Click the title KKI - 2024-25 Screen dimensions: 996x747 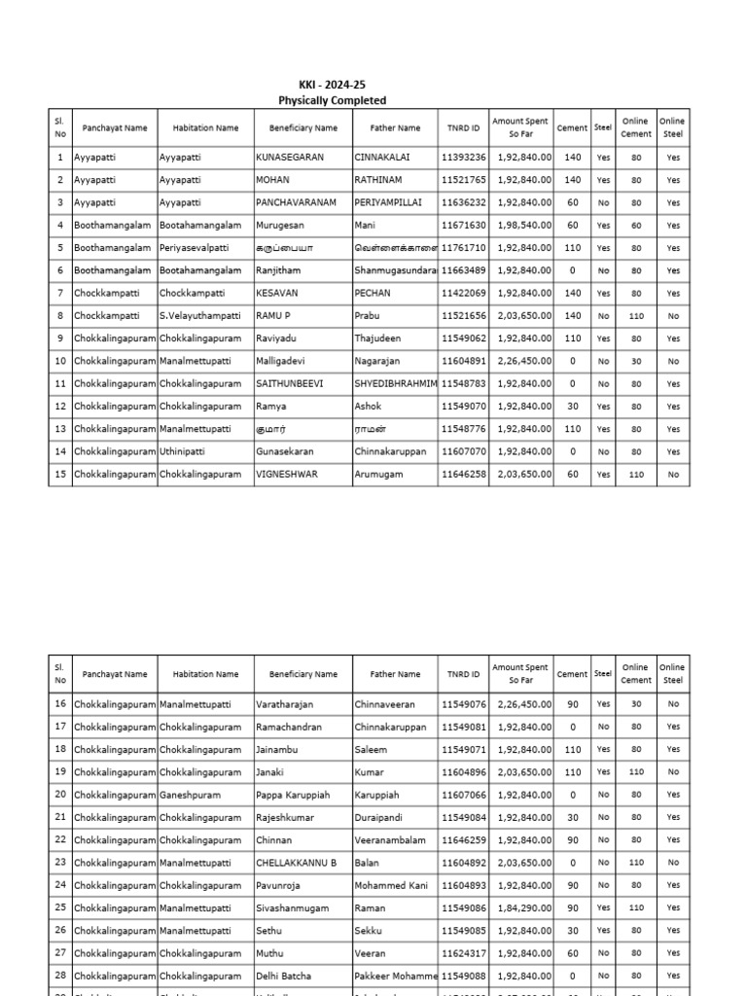pyautogui.click(x=332, y=86)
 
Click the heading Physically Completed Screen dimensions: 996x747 pyautogui.click(x=332, y=100)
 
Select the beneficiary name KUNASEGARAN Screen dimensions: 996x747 pyautogui.click(x=290, y=157)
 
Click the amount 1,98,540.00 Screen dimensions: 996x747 pyautogui.click(x=522, y=225)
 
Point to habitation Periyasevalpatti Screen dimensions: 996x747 pyautogui.click(x=196, y=248)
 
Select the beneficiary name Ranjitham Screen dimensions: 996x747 pyautogui.click(x=278, y=270)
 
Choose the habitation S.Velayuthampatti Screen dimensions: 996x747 pyautogui.click(x=202, y=316)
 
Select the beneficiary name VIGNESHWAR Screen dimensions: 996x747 pyautogui.click(x=287, y=474)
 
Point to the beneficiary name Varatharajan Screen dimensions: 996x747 pyautogui.click(x=285, y=703)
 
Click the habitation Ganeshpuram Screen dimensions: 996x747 pyautogui.click(x=190, y=795)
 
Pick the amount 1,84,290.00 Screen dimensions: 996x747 pyautogui.click(x=522, y=907)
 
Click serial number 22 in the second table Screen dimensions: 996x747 pyautogui.click(x=60, y=839)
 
